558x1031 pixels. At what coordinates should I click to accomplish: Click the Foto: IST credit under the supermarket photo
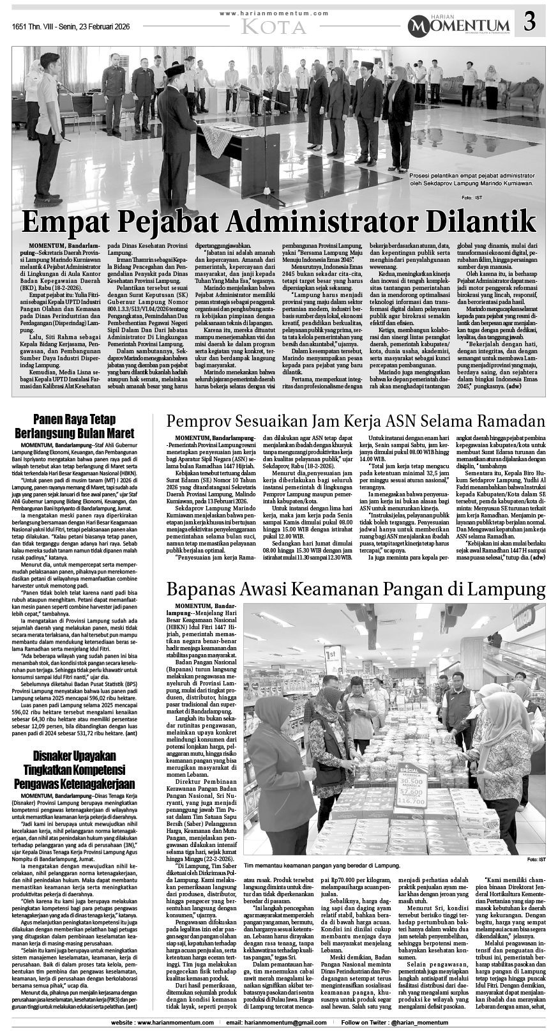click(536, 859)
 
